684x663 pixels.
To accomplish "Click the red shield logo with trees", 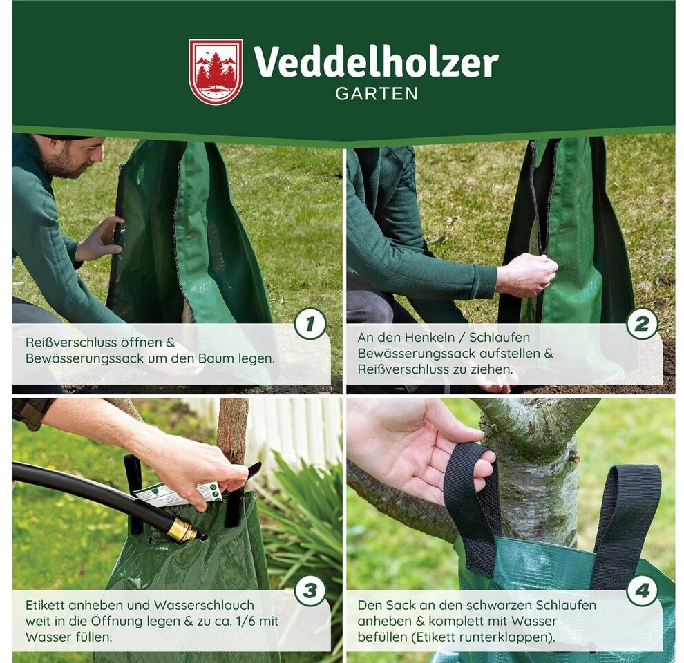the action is (x=216, y=71).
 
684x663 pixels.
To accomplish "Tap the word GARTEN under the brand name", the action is (x=377, y=94).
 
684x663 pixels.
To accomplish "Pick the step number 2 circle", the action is (x=642, y=324).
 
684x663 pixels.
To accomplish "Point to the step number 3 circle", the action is (x=310, y=591).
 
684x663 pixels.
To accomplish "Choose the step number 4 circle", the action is (x=642, y=591).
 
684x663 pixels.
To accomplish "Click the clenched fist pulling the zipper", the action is (x=529, y=274).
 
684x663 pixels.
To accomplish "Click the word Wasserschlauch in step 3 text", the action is (x=205, y=605).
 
